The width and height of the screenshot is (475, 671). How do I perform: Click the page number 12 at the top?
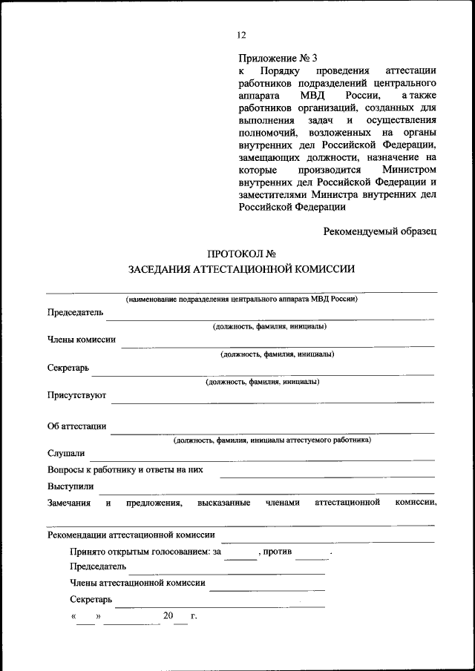241,35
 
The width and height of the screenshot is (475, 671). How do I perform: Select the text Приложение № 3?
278,58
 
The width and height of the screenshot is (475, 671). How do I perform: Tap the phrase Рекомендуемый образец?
379,231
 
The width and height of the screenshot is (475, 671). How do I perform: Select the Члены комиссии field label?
81,340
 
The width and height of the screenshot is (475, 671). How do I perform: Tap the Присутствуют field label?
77,395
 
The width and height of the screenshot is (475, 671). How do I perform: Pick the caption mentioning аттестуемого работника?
272,440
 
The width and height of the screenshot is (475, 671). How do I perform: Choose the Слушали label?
66,453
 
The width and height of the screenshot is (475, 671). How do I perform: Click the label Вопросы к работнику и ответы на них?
125,469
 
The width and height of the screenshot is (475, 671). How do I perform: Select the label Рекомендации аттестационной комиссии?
131,534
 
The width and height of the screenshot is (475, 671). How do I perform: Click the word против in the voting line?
278,551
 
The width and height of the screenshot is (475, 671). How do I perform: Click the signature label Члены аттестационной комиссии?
137,583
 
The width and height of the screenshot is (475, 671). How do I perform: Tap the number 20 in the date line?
168,615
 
